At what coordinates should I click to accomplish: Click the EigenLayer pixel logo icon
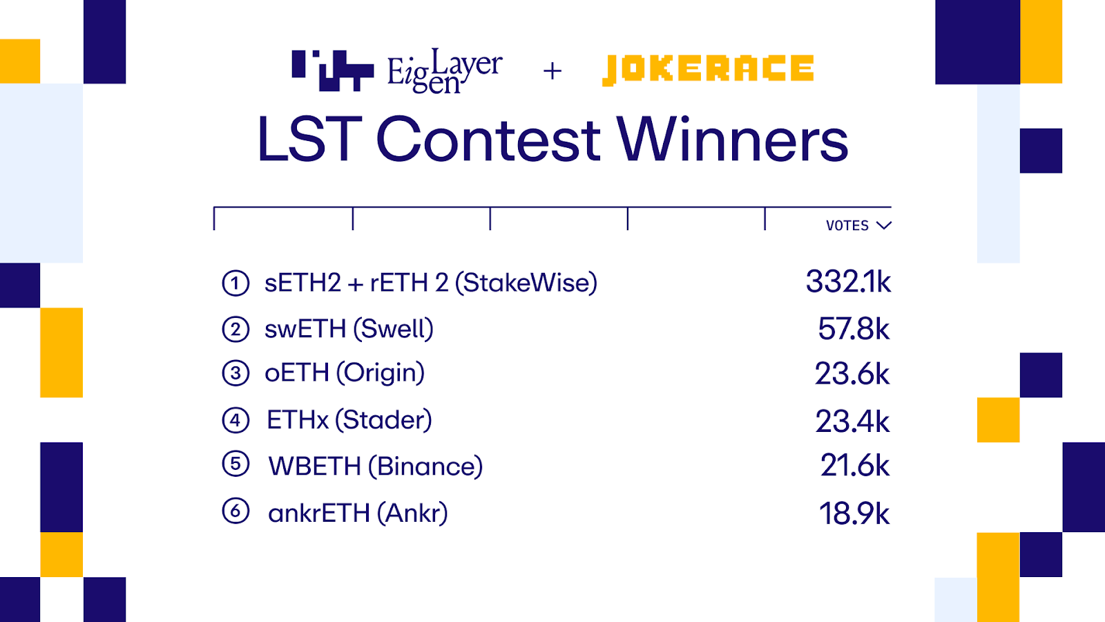332,70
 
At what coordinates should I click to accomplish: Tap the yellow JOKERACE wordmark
708,70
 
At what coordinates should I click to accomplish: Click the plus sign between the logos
552,71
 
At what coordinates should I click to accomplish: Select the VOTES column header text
847,225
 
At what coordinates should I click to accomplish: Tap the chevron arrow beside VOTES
884,225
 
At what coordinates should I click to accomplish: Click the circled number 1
236,283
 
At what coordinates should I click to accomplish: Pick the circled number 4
236,420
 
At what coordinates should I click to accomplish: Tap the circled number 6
236,511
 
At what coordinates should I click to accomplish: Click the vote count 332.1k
849,282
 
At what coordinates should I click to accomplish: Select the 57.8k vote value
854,329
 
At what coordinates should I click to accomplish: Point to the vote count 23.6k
852,373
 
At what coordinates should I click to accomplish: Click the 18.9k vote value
854,513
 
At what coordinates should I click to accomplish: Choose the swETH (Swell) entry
349,329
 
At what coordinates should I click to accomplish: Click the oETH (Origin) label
345,373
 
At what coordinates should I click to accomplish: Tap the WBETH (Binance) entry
376,466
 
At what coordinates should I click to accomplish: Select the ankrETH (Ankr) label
358,513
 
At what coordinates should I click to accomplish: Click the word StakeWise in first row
526,283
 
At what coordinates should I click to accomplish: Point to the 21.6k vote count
855,466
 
